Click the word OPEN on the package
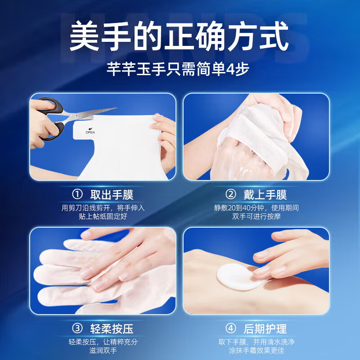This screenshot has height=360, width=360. click(90, 132)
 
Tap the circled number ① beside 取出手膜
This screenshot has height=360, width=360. click(78, 194)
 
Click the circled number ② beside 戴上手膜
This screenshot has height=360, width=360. click(231, 194)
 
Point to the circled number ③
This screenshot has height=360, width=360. click(78, 328)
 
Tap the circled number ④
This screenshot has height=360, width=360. click(231, 328)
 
